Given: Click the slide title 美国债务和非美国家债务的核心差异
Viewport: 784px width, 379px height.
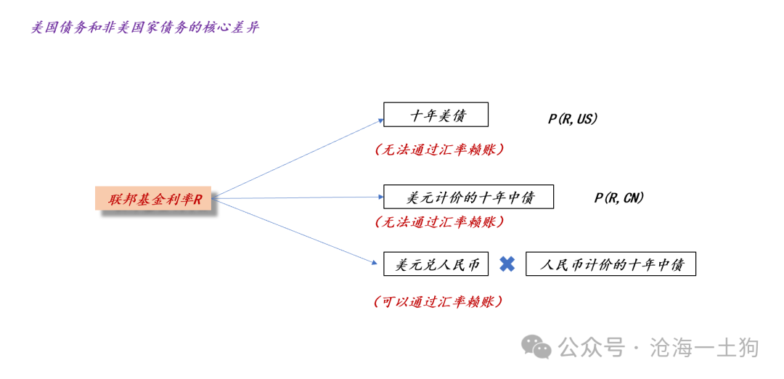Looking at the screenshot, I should click(145, 28).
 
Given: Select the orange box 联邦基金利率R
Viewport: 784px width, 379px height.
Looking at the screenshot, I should click(153, 198).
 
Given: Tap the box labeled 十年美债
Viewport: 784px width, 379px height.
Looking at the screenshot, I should click(436, 115).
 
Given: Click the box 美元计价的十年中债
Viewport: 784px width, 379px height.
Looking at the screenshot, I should click(468, 197).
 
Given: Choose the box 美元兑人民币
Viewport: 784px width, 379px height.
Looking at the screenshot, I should click(436, 264).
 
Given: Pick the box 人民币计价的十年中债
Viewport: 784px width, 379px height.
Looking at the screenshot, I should click(611, 264).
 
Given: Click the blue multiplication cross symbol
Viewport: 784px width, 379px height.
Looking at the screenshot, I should click(507, 264).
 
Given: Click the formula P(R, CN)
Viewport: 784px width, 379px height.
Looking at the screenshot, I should click(619, 197).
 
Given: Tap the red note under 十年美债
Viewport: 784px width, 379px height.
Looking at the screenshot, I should click(439, 150).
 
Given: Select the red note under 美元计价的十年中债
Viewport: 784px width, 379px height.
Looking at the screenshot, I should click(439, 221).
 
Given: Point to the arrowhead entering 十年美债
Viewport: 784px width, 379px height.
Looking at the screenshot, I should click(380, 121).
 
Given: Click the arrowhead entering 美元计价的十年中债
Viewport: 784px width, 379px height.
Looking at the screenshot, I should click(380, 197).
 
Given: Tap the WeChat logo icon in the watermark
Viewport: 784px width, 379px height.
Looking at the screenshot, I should click(538, 347).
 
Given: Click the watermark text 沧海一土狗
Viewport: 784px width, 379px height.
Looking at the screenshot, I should click(704, 348).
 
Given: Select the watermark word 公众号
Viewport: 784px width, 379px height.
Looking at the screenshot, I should click(592, 348).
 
